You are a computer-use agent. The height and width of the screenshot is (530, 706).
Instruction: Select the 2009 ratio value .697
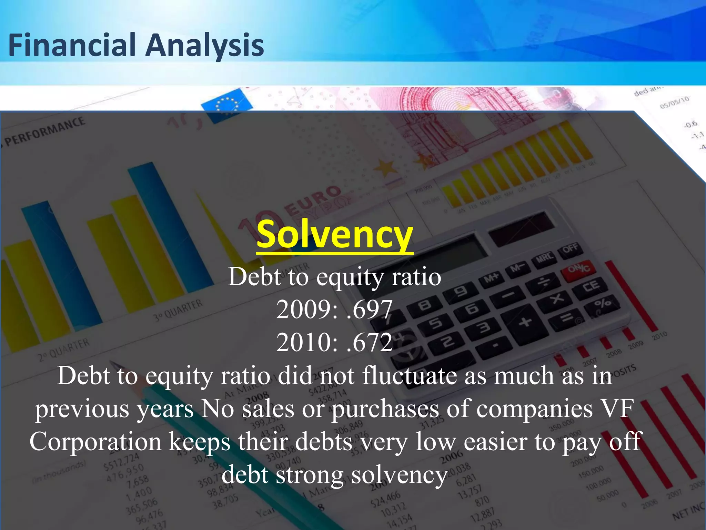pos(370,309)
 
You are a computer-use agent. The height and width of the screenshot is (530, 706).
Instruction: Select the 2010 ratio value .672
pos(370,342)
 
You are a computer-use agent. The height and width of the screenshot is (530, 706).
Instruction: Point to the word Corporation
pos(95,442)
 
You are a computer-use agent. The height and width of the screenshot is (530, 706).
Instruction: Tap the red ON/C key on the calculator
pos(579,268)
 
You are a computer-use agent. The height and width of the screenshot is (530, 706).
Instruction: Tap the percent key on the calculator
pos(602,304)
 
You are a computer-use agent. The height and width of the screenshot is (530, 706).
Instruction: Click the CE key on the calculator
pos(590,286)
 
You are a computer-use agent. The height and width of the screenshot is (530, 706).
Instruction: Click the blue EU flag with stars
pos(226,104)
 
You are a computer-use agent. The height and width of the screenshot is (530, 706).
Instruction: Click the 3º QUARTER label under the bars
pos(178,310)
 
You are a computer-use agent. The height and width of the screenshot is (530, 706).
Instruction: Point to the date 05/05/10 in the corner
pos(674,102)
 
